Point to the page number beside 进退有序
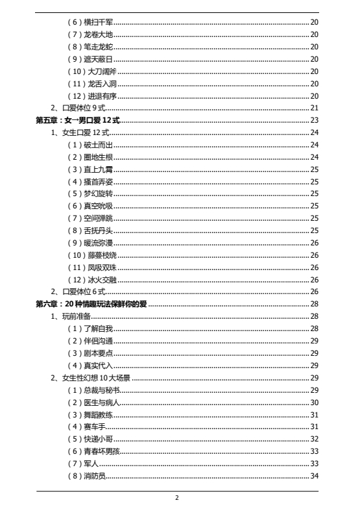click(314, 96)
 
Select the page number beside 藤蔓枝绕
click(314, 255)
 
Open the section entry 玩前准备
click(75, 316)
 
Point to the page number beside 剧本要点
click(314, 353)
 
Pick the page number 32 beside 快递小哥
click(314, 439)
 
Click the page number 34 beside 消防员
click(314, 476)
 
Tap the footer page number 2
click(176, 497)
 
